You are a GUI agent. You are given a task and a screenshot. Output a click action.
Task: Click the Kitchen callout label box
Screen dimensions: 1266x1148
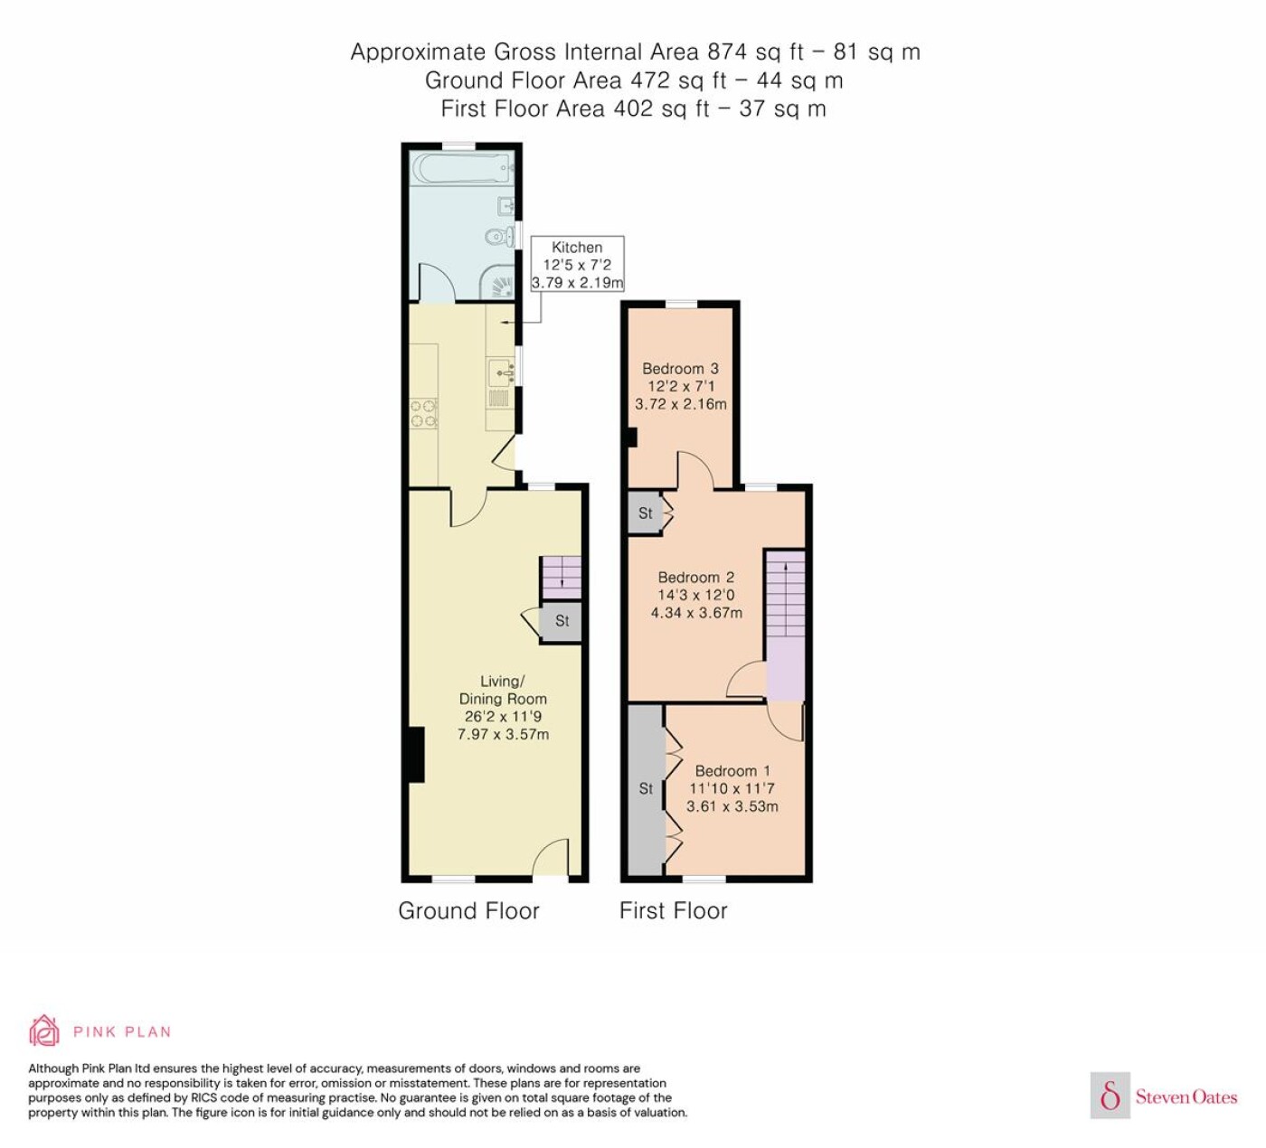coord(577,264)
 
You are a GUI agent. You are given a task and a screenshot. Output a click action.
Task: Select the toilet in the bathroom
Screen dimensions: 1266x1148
coord(501,238)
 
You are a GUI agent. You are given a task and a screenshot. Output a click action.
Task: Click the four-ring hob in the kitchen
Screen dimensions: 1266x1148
coord(423,413)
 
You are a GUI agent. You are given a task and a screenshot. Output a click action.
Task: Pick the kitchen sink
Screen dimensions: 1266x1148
coord(501,372)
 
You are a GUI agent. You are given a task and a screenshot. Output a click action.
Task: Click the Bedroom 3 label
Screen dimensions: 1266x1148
coord(680,386)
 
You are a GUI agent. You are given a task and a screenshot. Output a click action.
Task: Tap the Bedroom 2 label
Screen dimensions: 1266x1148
coord(696,595)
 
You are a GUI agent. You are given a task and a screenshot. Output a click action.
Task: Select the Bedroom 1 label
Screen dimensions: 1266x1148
coord(732,788)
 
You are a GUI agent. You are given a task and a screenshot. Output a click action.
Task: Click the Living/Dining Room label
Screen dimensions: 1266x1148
coord(503,708)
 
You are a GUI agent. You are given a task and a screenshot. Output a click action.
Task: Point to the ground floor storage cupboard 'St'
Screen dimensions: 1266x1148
coord(561,622)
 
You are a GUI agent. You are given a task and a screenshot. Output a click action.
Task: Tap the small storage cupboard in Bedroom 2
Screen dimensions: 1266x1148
coord(645,513)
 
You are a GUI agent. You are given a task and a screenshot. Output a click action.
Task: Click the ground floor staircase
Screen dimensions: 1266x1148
coord(561,579)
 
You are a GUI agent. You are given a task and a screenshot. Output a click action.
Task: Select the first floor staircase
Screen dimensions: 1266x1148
coord(786,626)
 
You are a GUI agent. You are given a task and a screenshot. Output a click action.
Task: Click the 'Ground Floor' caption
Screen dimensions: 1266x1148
coord(469,910)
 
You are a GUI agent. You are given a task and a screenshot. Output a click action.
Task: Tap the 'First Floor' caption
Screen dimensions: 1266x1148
coord(674,910)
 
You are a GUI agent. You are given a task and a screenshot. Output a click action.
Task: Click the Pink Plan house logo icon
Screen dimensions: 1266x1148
coord(44,1030)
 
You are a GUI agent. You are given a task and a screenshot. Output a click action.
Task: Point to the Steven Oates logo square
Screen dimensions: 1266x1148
coord(1110,1096)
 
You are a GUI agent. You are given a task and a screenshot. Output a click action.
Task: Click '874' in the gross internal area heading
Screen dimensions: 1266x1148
coord(728,52)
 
